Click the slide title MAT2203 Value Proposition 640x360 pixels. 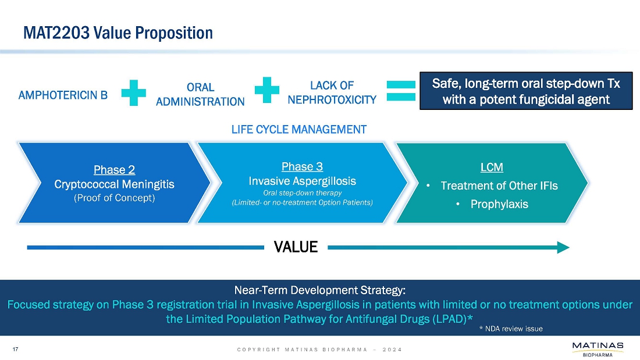tap(118, 33)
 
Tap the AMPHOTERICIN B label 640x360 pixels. tap(63, 95)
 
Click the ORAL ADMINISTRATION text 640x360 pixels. tap(200, 94)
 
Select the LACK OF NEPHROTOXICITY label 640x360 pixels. tap(332, 92)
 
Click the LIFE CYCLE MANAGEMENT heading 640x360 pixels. tap(299, 129)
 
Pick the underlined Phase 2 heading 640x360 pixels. tap(114, 170)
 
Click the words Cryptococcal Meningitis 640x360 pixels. tap(114, 184)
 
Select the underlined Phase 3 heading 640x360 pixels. tap(302, 167)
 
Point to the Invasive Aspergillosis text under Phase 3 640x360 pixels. tap(302, 181)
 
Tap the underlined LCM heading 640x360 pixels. tap(492, 167)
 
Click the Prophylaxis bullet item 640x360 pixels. tap(499, 204)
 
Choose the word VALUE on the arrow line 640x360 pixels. tap(296, 247)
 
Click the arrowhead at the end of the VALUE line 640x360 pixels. tap(563, 247)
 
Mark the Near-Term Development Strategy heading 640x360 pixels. tap(319, 290)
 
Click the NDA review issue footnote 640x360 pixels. tap(510, 329)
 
